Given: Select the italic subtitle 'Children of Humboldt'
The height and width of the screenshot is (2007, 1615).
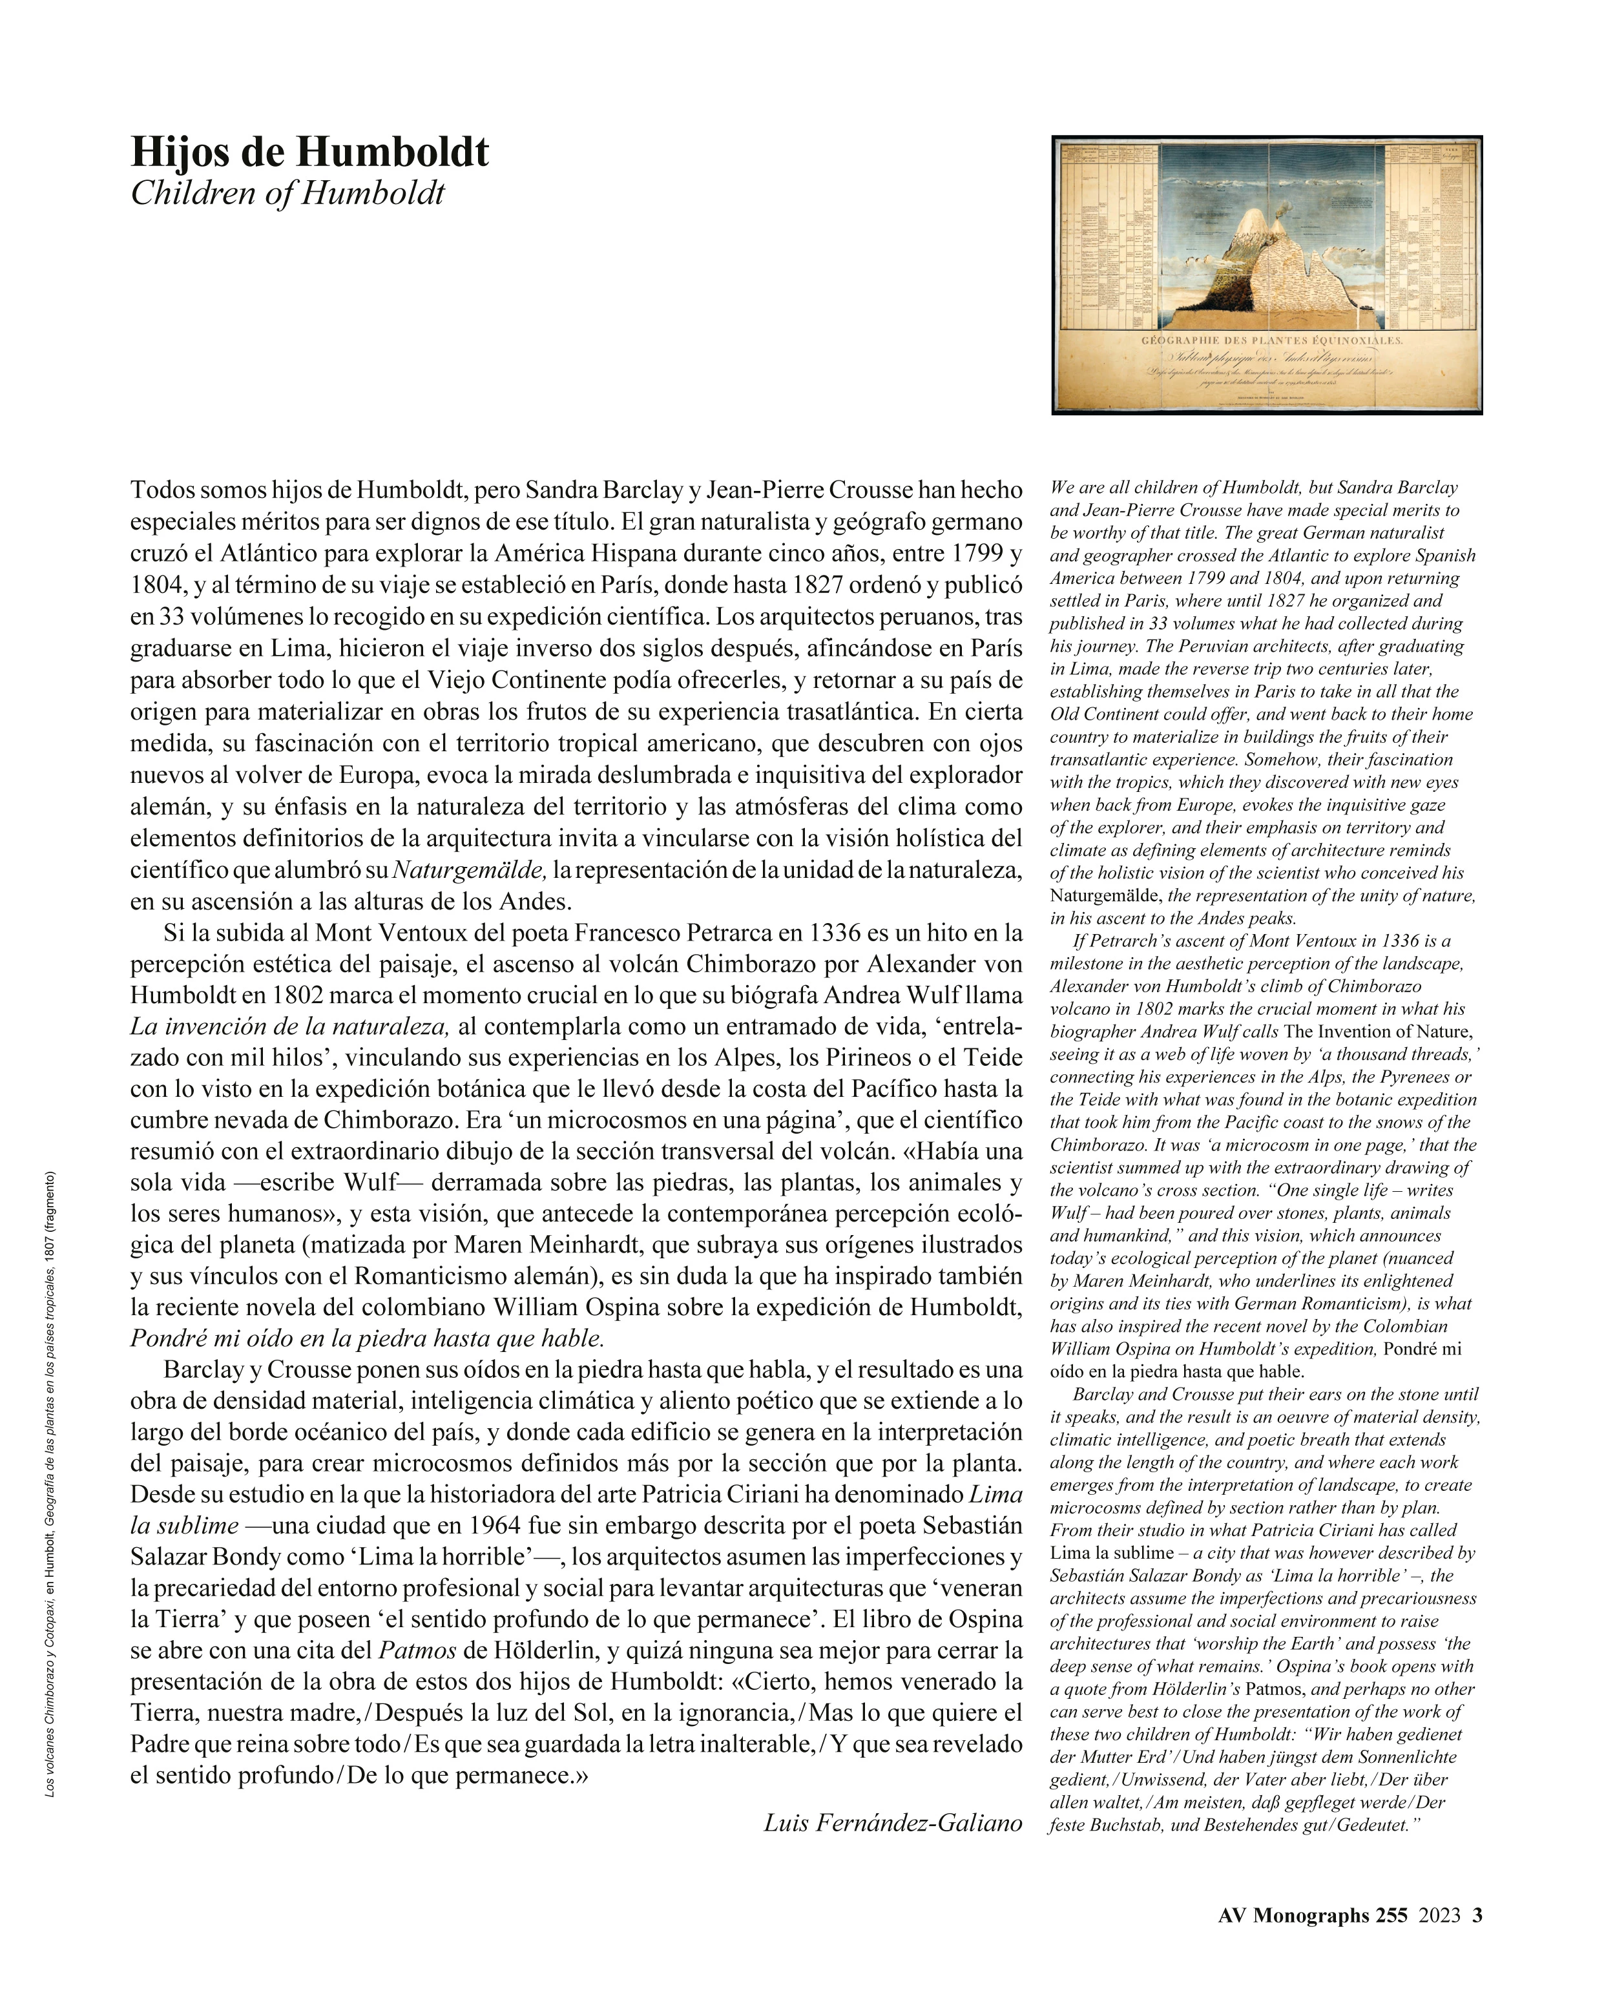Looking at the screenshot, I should pos(287,194).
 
